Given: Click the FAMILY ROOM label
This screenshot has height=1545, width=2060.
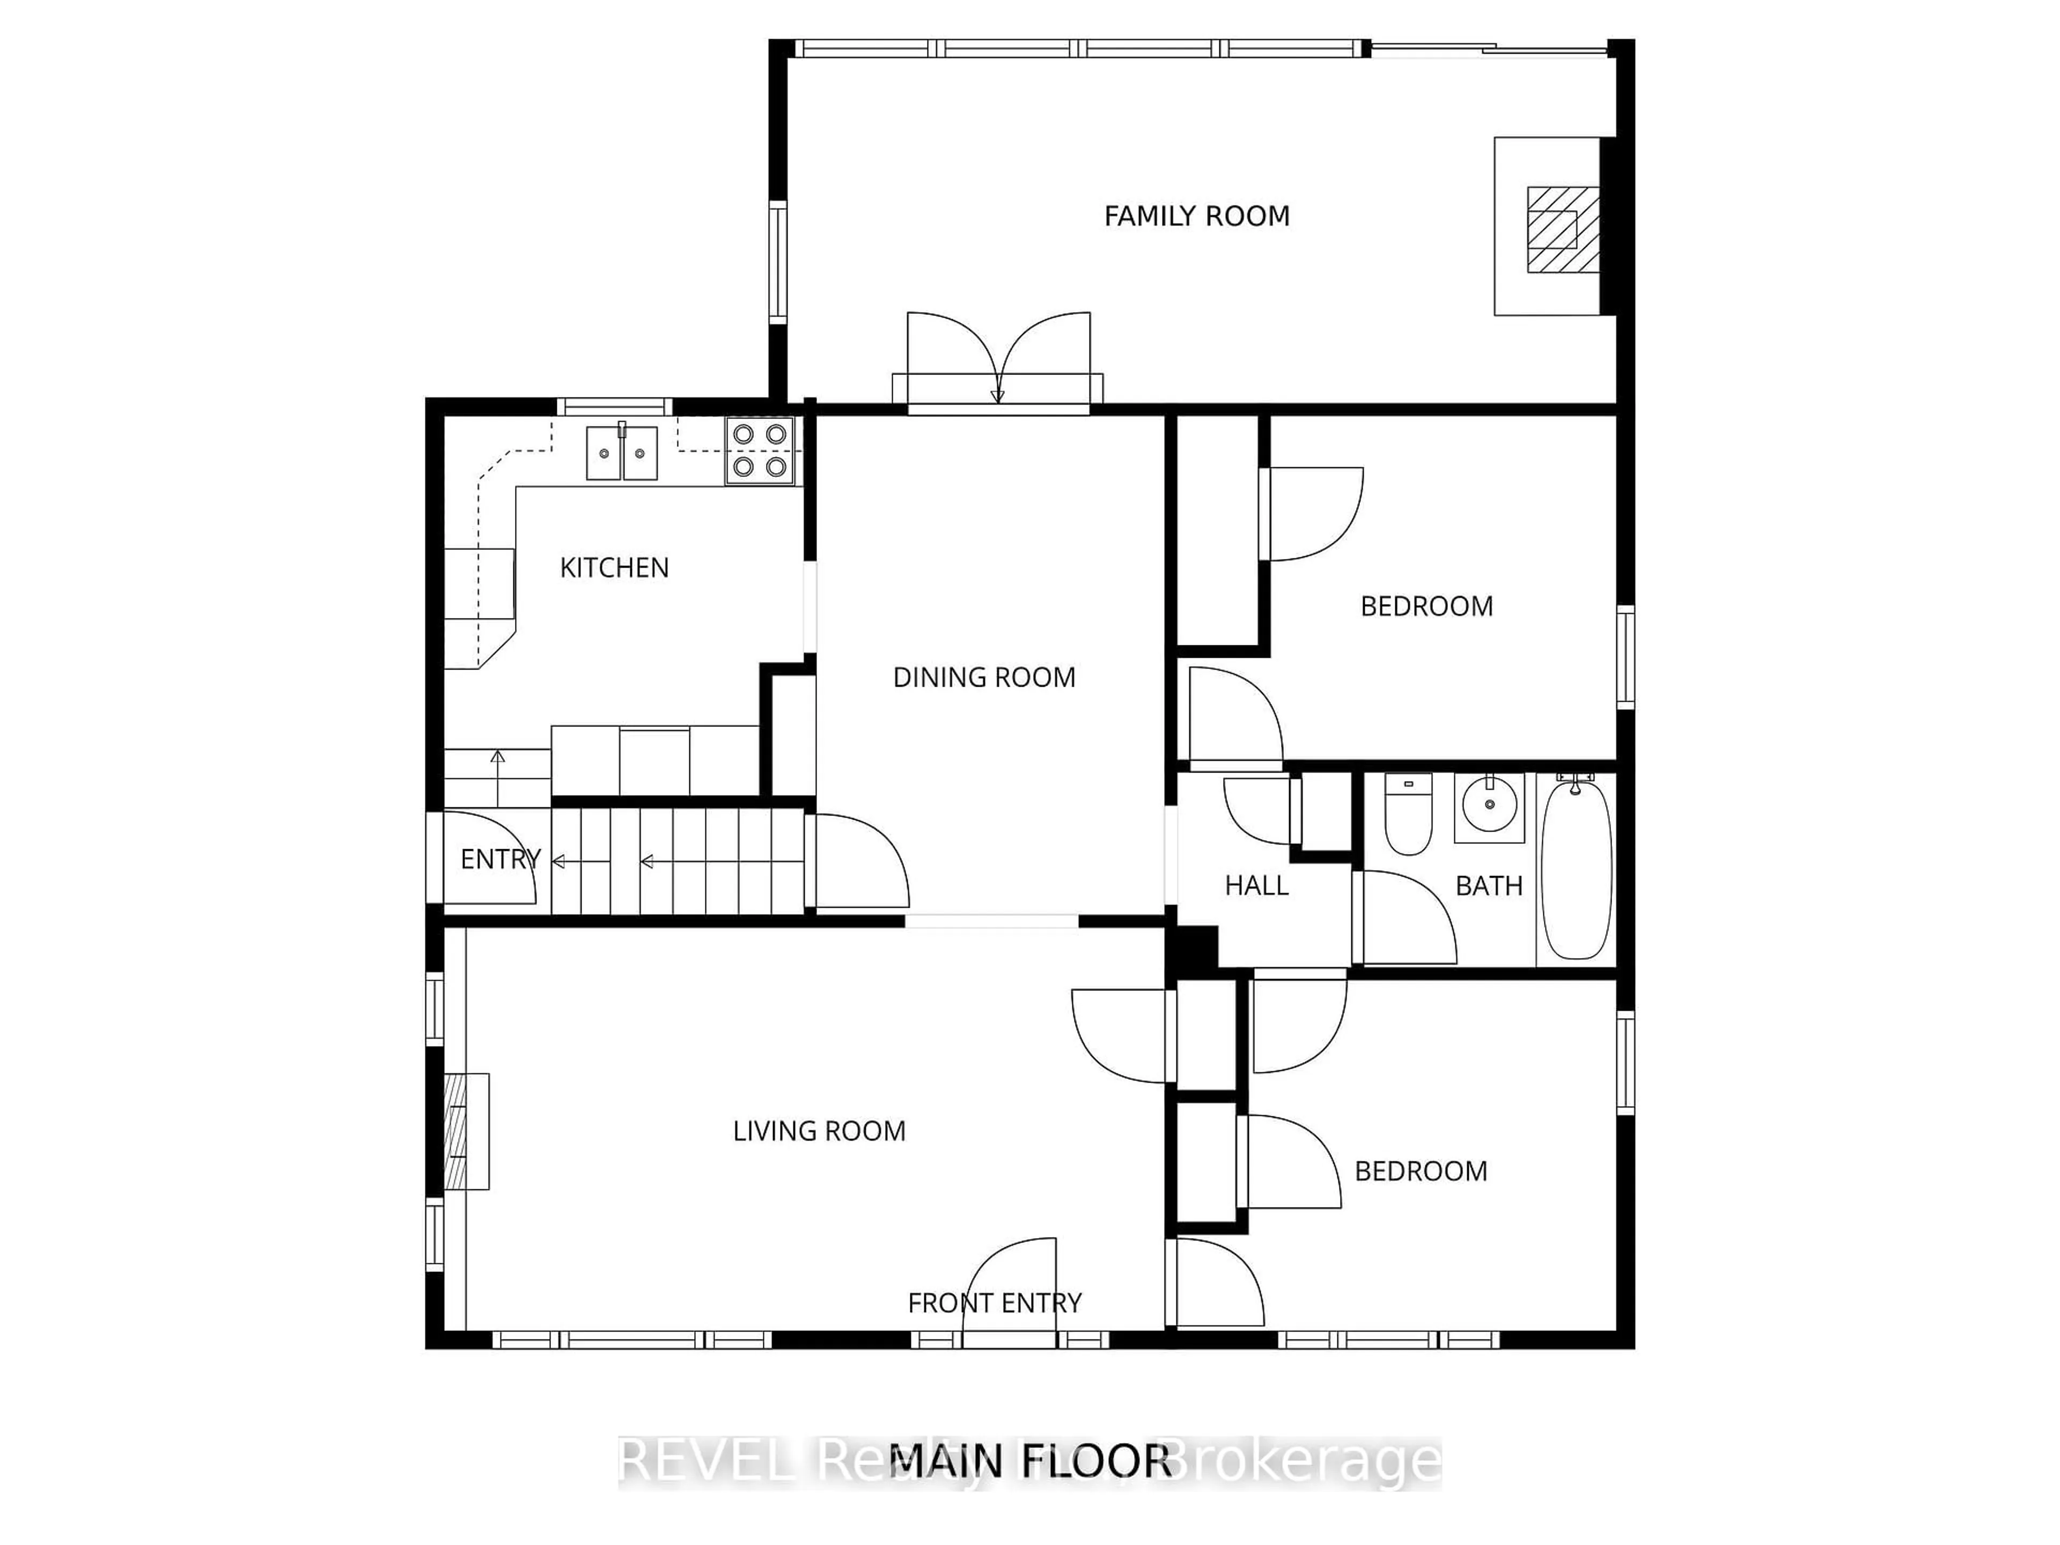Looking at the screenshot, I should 1197,216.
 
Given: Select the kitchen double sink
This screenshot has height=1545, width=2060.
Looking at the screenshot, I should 621,453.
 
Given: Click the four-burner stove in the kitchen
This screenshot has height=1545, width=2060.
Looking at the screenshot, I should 760,451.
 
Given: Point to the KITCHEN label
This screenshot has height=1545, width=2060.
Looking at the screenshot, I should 614,567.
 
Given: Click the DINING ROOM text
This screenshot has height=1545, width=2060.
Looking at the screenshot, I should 983,677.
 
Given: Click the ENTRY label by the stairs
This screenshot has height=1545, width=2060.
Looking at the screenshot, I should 500,859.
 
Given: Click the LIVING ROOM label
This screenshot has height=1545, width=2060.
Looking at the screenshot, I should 819,1130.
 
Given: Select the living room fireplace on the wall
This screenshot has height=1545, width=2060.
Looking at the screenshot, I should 466,1131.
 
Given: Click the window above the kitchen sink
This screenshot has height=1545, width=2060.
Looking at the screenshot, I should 615,406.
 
